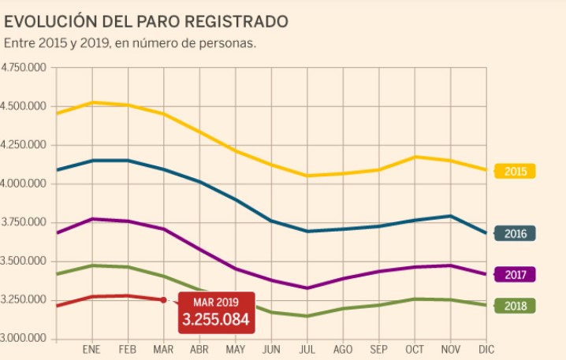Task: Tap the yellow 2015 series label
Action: coord(515,171)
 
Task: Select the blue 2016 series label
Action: coord(515,233)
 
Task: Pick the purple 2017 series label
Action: coord(515,274)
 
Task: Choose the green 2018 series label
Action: coord(515,306)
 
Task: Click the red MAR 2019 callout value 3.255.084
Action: coord(216,319)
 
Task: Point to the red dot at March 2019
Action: coord(163,299)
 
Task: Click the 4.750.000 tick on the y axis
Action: coord(24,68)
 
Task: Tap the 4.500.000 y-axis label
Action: coord(24,106)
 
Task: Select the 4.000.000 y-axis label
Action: coord(24,184)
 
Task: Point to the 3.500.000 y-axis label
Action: coord(24,262)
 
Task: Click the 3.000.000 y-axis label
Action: coord(24,339)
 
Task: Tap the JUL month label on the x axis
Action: coord(307,349)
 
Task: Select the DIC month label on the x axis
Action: coord(485,349)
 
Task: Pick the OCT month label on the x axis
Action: coord(414,349)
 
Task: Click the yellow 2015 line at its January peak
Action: coord(93,102)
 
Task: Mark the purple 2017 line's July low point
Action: coord(307,288)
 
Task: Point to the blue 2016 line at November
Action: coord(450,215)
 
